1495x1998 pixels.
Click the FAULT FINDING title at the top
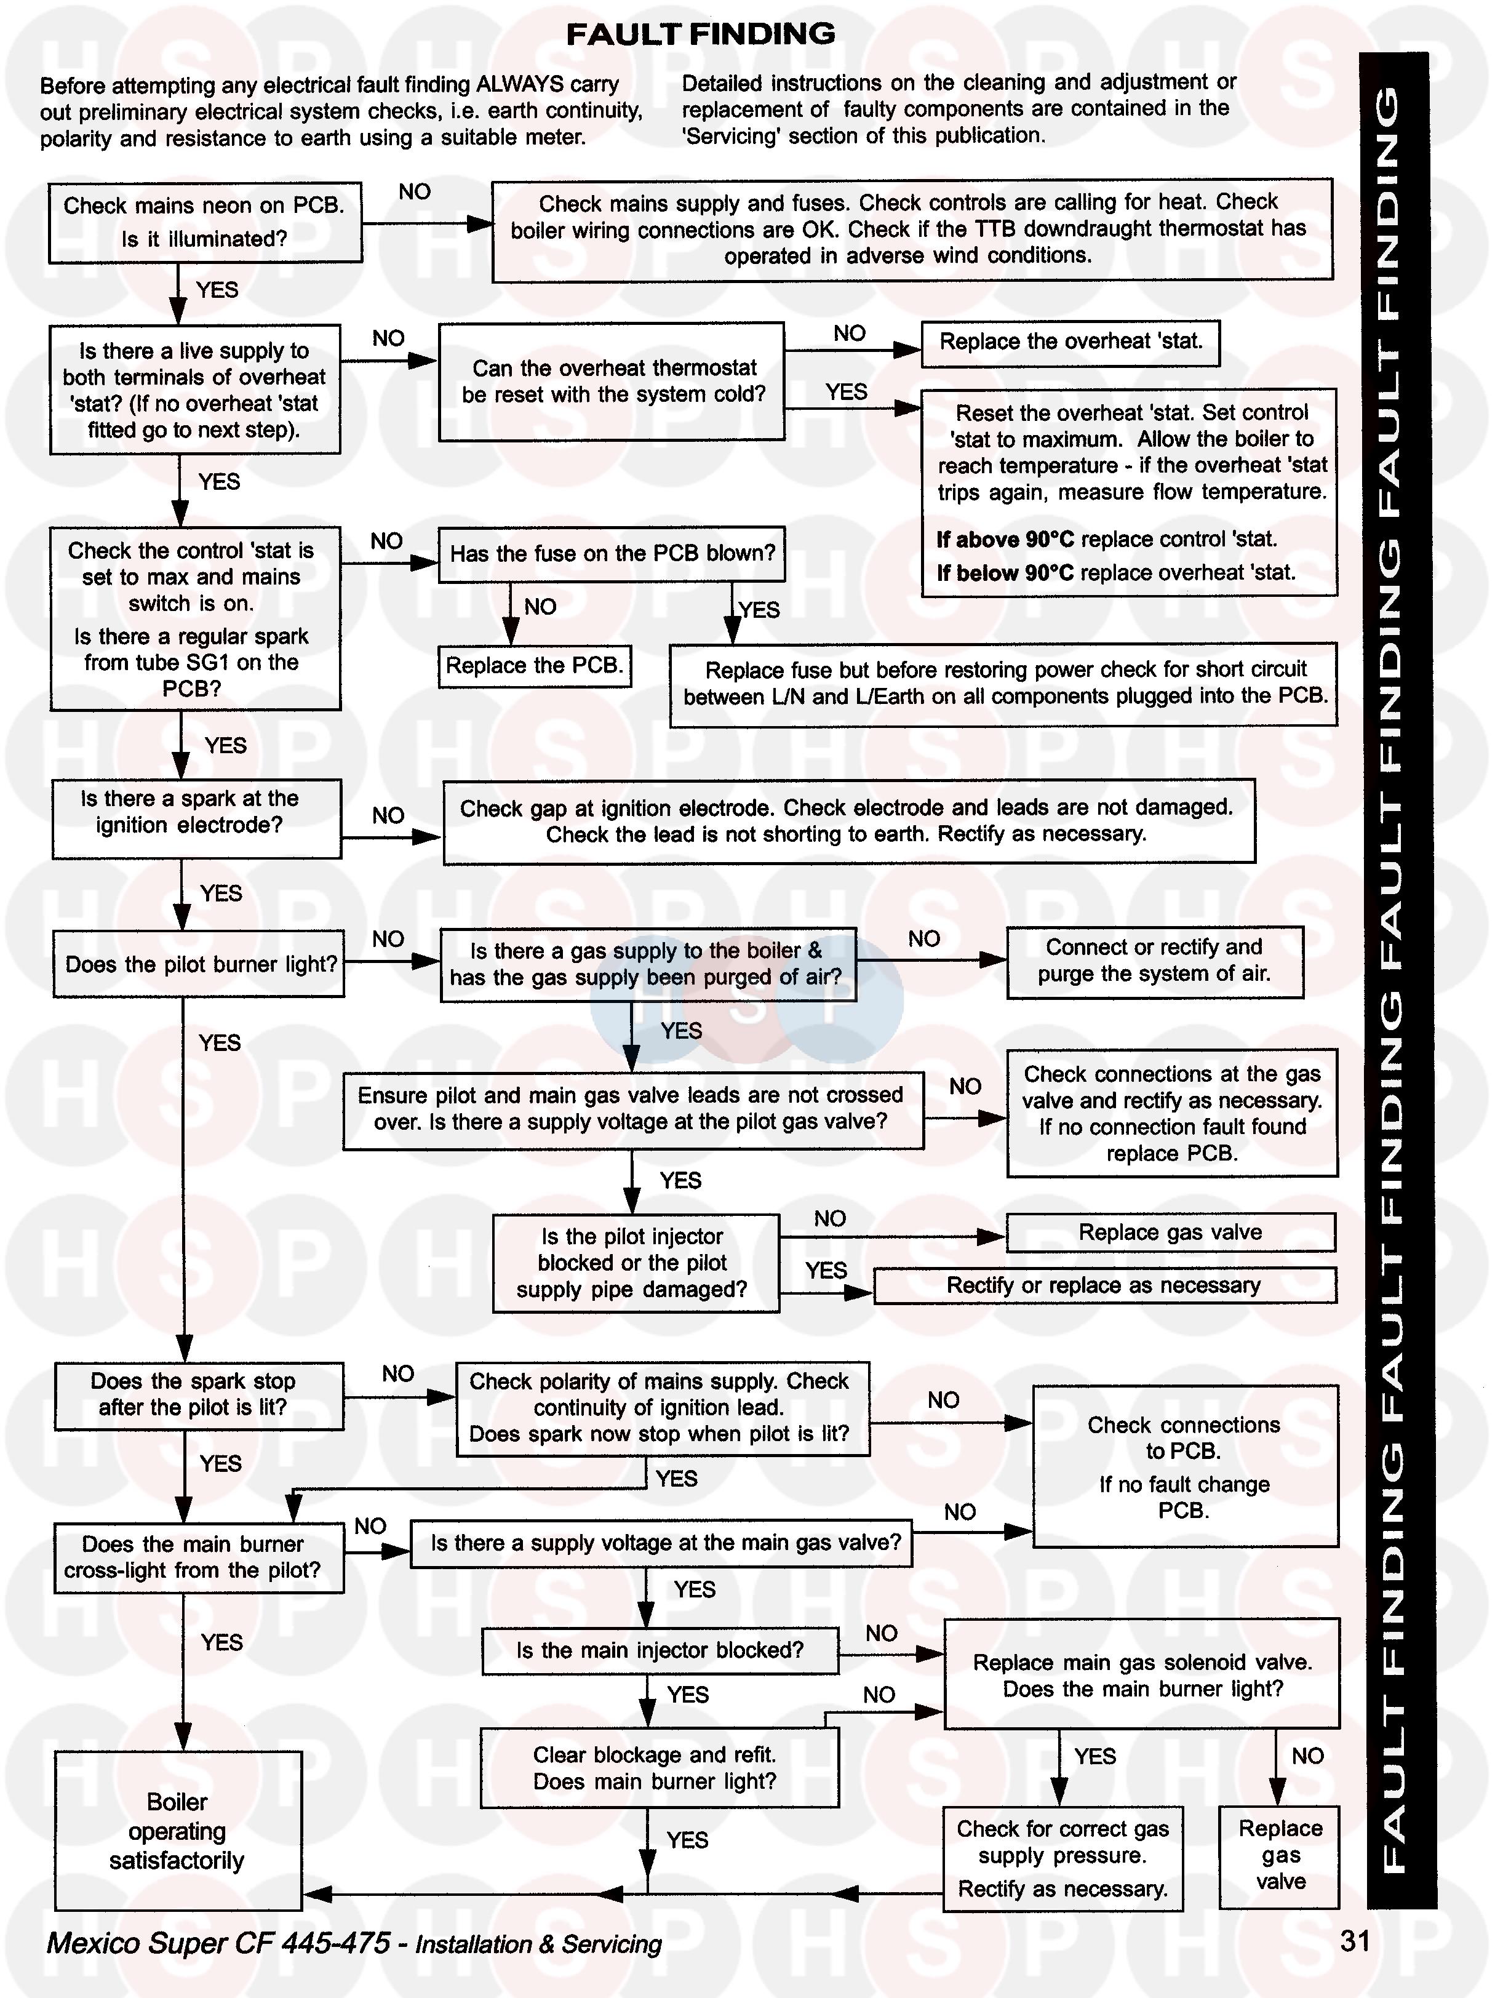(x=700, y=34)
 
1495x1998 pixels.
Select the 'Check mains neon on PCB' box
(x=205, y=222)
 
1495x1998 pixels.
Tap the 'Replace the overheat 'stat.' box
(x=1070, y=342)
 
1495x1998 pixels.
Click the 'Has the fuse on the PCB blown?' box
(x=612, y=554)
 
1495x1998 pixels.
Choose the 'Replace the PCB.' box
(x=534, y=666)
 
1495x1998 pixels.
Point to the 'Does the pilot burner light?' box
(x=199, y=964)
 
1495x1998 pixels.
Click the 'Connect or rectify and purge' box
(x=1154, y=961)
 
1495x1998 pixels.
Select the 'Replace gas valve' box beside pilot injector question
(x=1171, y=1232)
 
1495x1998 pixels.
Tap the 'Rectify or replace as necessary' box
(x=1104, y=1285)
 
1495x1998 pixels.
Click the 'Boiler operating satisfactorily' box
(x=177, y=1830)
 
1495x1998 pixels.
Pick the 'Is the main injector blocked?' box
(x=660, y=1650)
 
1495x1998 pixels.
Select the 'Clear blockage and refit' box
(x=658, y=1768)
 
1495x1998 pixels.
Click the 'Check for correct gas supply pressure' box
(x=1062, y=1858)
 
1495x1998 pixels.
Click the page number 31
(x=1355, y=1940)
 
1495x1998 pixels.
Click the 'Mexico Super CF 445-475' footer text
(x=218, y=1943)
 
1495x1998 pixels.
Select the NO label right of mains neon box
(x=415, y=191)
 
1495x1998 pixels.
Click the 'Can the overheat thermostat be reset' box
(x=612, y=381)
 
